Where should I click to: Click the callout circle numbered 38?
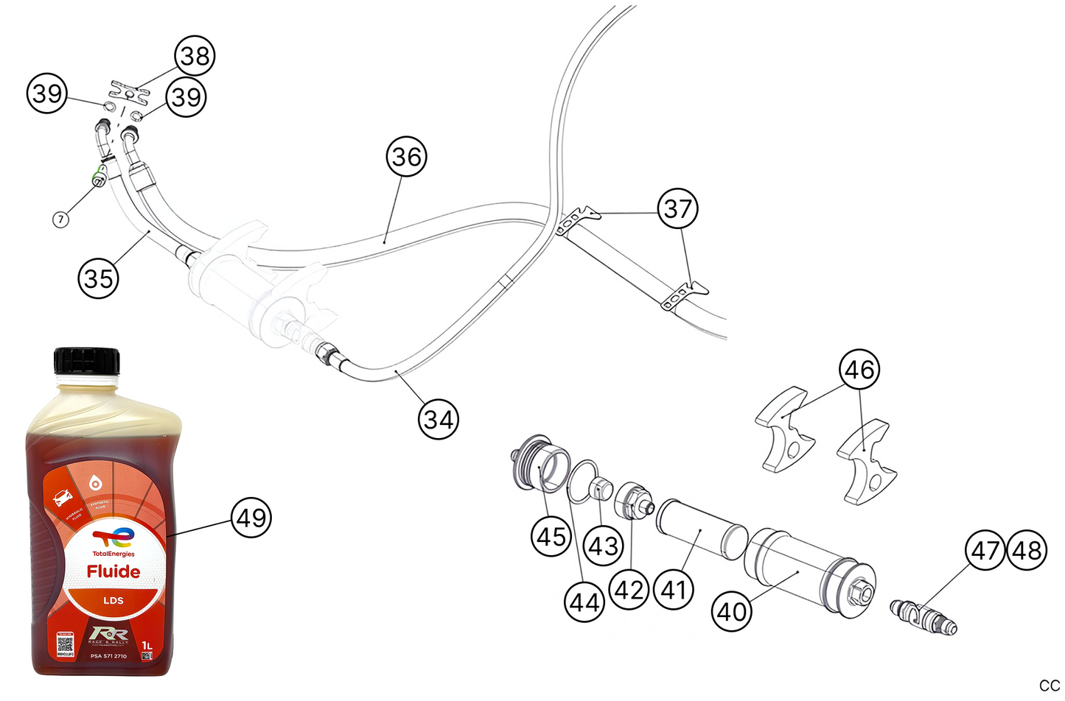(x=195, y=56)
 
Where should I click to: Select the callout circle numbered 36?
(x=406, y=156)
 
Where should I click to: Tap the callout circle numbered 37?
(x=677, y=208)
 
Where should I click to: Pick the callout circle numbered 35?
(x=98, y=278)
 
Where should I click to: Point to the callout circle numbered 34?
(x=439, y=419)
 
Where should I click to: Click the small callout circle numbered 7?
(x=61, y=219)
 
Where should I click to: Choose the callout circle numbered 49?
(x=251, y=518)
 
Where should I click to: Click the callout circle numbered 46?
(x=859, y=369)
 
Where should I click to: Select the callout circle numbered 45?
(x=551, y=537)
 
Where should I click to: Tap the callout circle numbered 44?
(x=584, y=602)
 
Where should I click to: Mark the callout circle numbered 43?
(x=604, y=546)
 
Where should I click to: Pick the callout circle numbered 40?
(x=732, y=611)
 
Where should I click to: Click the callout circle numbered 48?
(x=1027, y=550)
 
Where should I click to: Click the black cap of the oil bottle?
(x=86, y=361)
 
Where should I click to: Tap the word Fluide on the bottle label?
(x=113, y=571)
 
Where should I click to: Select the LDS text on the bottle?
(x=113, y=600)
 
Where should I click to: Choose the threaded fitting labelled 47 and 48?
(x=923, y=617)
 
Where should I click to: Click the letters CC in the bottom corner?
(x=1049, y=686)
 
